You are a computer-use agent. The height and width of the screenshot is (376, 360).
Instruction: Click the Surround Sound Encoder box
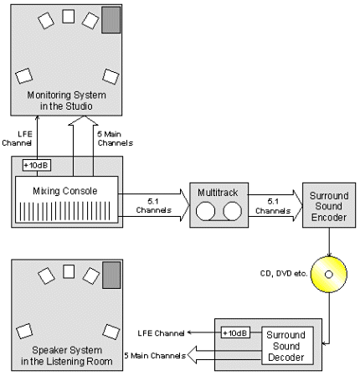click(x=329, y=205)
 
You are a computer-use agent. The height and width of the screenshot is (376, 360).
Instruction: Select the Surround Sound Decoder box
click(x=287, y=346)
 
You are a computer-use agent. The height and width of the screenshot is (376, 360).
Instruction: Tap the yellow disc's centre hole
click(x=329, y=275)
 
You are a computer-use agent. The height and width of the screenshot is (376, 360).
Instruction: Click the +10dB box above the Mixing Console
click(x=37, y=165)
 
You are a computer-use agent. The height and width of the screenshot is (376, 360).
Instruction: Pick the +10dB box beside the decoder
click(x=235, y=332)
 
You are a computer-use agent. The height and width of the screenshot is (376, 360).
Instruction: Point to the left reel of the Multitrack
click(x=205, y=211)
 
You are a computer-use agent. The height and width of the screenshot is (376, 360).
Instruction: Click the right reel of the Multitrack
click(x=233, y=211)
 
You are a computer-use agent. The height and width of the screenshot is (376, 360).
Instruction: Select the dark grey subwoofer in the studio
click(x=111, y=20)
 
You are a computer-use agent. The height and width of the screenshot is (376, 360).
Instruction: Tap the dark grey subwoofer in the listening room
click(x=111, y=275)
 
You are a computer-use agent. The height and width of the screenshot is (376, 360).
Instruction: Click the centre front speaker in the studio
click(x=69, y=17)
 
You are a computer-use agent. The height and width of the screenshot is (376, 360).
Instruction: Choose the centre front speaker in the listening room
click(x=69, y=271)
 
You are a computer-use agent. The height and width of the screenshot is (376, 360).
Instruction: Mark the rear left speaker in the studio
click(x=24, y=76)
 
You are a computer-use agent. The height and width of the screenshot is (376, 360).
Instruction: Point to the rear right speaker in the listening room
click(x=111, y=332)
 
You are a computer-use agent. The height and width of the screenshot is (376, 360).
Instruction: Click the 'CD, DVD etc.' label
click(x=284, y=274)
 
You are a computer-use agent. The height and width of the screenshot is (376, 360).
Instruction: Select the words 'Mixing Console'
click(x=65, y=191)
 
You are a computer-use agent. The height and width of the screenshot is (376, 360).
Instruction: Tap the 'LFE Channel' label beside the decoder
click(x=161, y=333)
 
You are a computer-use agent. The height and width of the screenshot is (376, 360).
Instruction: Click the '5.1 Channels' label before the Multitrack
click(x=153, y=205)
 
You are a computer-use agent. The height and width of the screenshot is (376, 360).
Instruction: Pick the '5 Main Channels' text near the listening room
click(x=155, y=356)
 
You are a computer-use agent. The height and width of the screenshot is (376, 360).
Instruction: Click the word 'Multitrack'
click(x=218, y=193)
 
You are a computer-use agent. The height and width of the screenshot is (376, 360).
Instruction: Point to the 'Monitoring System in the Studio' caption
click(x=66, y=100)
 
